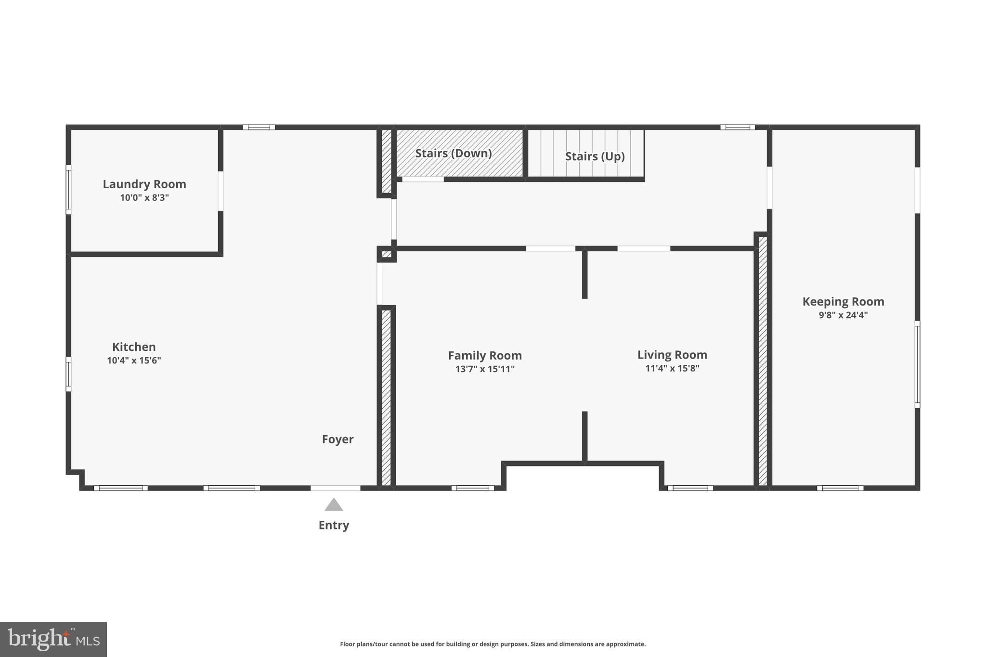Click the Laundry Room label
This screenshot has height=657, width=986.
(x=144, y=184)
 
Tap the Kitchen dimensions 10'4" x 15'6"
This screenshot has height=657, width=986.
(x=134, y=361)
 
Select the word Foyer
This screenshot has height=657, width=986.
(x=337, y=439)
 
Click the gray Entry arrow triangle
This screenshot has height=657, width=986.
(x=334, y=505)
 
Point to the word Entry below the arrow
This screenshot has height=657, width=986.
(x=334, y=525)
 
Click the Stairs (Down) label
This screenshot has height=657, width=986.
(x=453, y=153)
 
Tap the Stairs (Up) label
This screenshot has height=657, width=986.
(x=595, y=156)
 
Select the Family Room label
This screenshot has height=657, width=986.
(x=485, y=355)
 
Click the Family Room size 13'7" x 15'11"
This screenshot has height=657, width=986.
(x=485, y=369)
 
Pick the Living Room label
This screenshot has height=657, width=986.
(x=672, y=355)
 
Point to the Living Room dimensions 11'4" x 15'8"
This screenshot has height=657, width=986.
(x=672, y=369)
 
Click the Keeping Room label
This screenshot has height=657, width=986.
(x=843, y=301)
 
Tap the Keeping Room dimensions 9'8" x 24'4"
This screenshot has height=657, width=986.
(x=843, y=315)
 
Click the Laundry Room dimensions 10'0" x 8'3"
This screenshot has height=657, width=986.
(x=144, y=198)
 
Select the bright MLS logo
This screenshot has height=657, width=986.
(x=53, y=639)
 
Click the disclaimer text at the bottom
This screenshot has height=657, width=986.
(x=493, y=644)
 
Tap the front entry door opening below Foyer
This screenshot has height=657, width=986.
(x=335, y=488)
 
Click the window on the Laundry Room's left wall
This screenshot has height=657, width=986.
(x=68, y=190)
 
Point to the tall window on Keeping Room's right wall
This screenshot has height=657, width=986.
(x=917, y=364)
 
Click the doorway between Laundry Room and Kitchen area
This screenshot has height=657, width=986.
(x=221, y=191)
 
